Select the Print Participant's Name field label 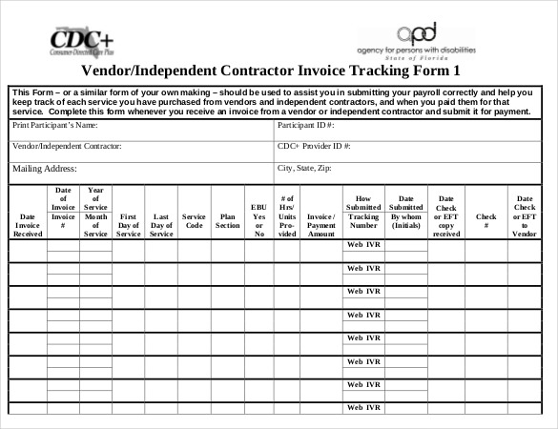(x=55, y=125)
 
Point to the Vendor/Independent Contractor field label (x=67, y=147)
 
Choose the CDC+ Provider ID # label (x=314, y=147)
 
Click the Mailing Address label (x=44, y=169)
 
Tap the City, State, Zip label (x=304, y=168)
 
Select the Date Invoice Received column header (x=29, y=224)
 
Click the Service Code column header (x=194, y=220)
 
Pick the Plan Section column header (x=227, y=220)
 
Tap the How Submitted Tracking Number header (x=363, y=213)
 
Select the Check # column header (x=486, y=220)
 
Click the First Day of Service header (x=129, y=224)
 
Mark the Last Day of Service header (x=161, y=224)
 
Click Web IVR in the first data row (x=363, y=245)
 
